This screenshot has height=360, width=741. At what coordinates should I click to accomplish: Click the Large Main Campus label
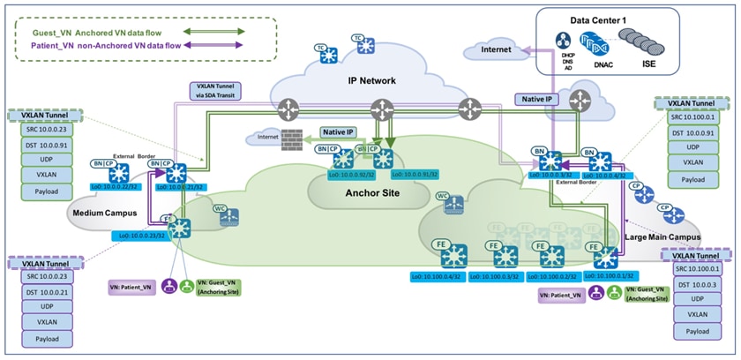coord(663,237)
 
